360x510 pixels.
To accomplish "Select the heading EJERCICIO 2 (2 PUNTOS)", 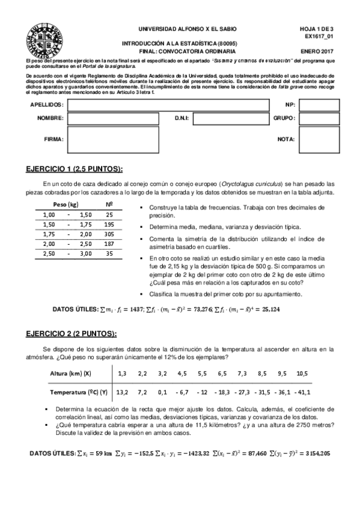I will click(x=72, y=334).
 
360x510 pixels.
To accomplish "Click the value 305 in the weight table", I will click(x=109, y=234).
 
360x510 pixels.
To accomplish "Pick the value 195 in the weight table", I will click(x=109, y=224).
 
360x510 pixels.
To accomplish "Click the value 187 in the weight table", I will click(x=109, y=244).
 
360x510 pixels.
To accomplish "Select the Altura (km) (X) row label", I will click(x=70, y=373).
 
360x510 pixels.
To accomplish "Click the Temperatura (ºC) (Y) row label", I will click(x=78, y=392).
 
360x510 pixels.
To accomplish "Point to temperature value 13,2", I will click(x=122, y=392).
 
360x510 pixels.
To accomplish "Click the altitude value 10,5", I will click(x=302, y=373).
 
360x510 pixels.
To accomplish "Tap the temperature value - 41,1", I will click(x=301, y=392).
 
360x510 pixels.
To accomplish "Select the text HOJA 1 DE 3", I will click(x=316, y=28).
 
